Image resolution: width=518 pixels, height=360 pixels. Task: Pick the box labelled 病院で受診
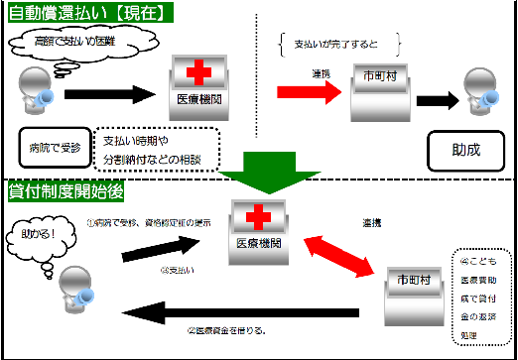[x=54, y=147]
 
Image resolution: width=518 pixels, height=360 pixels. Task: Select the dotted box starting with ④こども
[x=481, y=295]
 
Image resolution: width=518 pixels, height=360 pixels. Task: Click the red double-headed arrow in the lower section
[x=339, y=254]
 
